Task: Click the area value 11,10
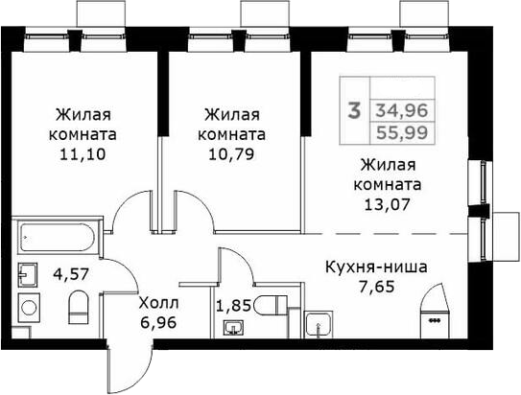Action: click(83, 154)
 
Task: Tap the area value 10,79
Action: click(231, 154)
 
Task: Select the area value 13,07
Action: click(388, 204)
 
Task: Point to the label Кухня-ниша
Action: click(376, 267)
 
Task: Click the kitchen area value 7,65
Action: click(377, 287)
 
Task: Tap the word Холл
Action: click(159, 303)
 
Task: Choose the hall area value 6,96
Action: click(157, 322)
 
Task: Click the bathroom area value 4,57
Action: click(71, 275)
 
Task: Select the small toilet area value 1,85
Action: click(234, 306)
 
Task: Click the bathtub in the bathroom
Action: click(58, 238)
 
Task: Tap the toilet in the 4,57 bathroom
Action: click(79, 307)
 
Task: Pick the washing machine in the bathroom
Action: click(29, 308)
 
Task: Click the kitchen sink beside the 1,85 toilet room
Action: click(319, 324)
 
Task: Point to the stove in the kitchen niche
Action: click(435, 310)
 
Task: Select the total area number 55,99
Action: click(402, 133)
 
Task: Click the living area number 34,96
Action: click(402, 110)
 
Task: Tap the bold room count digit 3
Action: click(354, 110)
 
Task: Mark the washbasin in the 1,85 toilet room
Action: click(234, 329)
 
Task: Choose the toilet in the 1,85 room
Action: click(271, 305)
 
